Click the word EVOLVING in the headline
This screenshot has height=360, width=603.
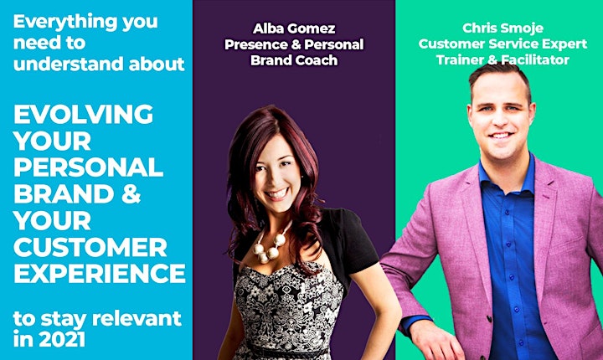pyautogui.click(x=84, y=114)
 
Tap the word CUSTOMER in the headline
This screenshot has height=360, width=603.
pyautogui.click(x=90, y=247)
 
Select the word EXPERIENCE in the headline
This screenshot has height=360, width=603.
pyautogui.click(x=100, y=274)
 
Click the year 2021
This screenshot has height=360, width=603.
pyautogui.click(x=62, y=339)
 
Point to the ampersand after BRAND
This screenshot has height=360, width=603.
pyautogui.click(x=131, y=194)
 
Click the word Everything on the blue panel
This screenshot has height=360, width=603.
pyautogui.click(x=65, y=22)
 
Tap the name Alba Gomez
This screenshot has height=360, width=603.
pyautogui.click(x=294, y=28)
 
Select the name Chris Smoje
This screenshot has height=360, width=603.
pyautogui.click(x=502, y=28)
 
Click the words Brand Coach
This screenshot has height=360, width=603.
pyautogui.click(x=294, y=60)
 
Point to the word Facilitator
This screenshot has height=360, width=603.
pyautogui.click(x=535, y=60)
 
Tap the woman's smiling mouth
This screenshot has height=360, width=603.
pyautogui.click(x=277, y=193)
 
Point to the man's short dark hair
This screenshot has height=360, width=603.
pyautogui.click(x=499, y=75)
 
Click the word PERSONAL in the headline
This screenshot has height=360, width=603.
pyautogui.click(x=89, y=167)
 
